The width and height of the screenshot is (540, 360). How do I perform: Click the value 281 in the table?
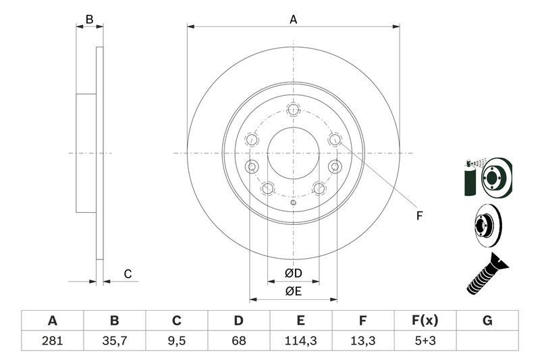pos(52,340)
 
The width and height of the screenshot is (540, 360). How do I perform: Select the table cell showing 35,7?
pos(114,340)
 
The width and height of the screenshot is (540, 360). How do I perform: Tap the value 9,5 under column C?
pos(176,340)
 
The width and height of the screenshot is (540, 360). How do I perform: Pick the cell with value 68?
pos(239,340)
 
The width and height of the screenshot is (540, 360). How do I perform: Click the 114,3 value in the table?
pos(301,340)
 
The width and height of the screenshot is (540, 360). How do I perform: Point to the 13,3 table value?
pos(363,340)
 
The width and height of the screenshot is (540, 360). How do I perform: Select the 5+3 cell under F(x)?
pos(425,340)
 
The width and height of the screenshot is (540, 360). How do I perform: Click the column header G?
pos(487,321)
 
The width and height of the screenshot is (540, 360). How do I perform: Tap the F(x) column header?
pos(425,321)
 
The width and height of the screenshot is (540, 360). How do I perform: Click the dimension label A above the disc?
pos(293,20)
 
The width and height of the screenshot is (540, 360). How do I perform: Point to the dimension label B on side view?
pos(89,20)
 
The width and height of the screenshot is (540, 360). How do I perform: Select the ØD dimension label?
pos(292,273)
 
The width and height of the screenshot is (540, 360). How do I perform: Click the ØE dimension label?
pos(292,291)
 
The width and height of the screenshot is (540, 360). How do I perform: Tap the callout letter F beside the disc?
pos(418,216)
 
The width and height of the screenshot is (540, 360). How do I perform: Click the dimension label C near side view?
pos(127,274)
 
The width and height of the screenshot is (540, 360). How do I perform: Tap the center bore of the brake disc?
pos(293,153)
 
